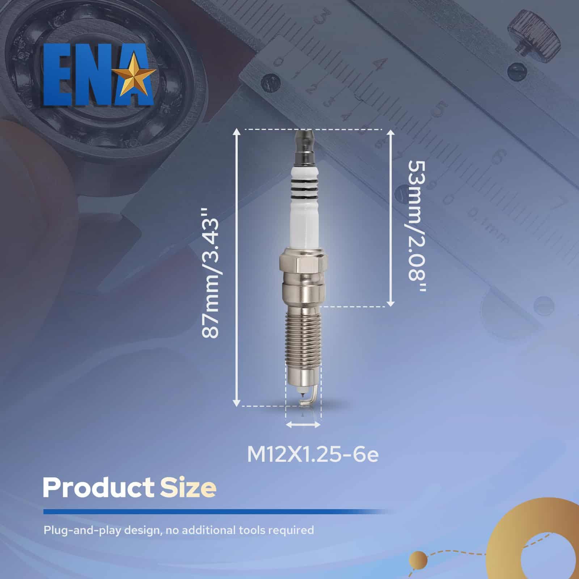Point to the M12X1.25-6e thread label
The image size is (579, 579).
pos(313,454)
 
